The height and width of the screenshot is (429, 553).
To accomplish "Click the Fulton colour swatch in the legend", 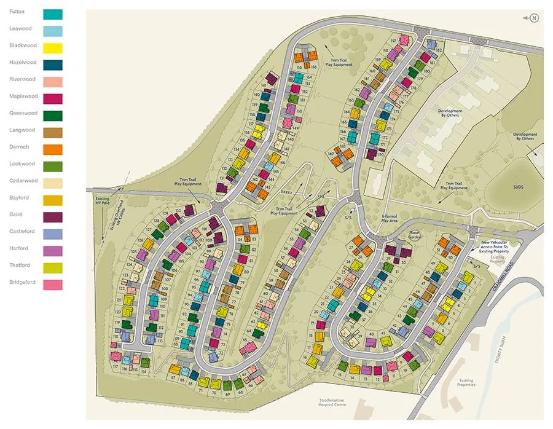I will pos(53,14).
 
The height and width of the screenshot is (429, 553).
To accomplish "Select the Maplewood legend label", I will pos(23,96).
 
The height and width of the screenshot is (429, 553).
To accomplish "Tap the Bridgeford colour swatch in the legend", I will pos(53,285).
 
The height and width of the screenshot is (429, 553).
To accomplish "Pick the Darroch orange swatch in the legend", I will pos(53,149).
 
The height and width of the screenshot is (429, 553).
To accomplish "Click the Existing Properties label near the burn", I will pos(466,383).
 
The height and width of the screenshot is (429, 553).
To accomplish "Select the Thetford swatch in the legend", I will pos(53,267).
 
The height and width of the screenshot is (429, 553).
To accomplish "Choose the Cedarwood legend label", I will pos(23,181).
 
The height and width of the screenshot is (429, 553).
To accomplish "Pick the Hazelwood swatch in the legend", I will pos(53,65).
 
